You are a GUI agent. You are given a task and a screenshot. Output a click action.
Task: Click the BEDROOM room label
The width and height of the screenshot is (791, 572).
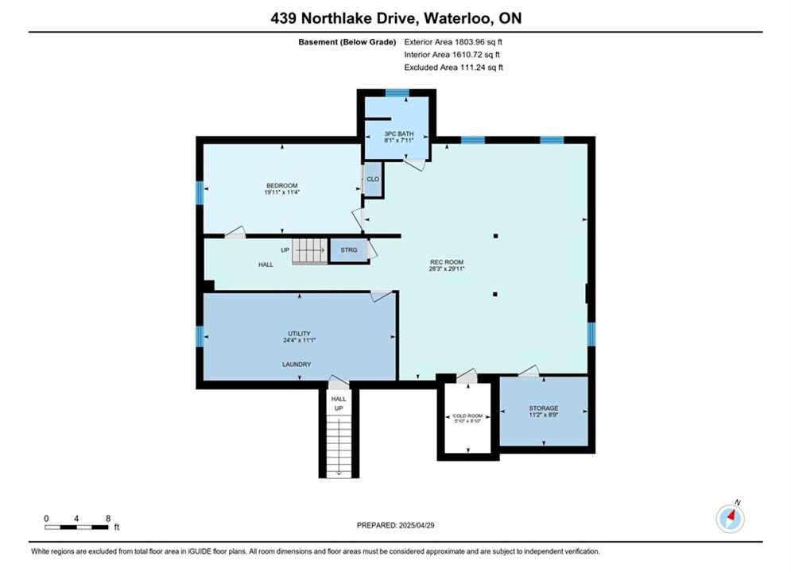tap(282, 185)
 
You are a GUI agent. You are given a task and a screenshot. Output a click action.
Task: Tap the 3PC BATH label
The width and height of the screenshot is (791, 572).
tap(399, 133)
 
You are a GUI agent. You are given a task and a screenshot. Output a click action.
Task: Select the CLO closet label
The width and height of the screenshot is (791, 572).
tap(373, 180)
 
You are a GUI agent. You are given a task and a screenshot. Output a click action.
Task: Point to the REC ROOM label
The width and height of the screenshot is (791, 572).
tap(447, 262)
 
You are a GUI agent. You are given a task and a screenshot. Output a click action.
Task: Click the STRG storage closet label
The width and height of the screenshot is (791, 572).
tap(348, 250)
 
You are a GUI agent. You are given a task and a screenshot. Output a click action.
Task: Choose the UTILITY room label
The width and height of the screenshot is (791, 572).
tap(299, 334)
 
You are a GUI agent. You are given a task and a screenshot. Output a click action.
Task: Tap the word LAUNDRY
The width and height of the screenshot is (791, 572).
tap(297, 365)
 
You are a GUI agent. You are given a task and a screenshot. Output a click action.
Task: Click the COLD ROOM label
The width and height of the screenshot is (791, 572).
tap(467, 415)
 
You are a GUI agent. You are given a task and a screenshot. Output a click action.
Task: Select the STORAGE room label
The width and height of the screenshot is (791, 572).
tap(543, 408)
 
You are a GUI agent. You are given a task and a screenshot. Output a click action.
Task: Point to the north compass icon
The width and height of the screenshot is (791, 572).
tap(730, 518)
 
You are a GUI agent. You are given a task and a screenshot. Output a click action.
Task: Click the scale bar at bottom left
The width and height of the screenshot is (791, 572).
tap(76, 528)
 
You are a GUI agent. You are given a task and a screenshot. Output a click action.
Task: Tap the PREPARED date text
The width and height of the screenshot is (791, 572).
tap(396, 525)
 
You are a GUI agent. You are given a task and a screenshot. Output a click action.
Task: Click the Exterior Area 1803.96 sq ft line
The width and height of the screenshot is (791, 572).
tap(453, 42)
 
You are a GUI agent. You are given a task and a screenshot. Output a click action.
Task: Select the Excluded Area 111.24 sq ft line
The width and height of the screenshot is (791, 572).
tap(453, 67)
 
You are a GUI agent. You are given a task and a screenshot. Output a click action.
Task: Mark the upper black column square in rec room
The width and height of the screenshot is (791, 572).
tap(496, 236)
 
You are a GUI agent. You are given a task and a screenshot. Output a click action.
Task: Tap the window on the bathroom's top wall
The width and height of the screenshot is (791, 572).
tap(397, 93)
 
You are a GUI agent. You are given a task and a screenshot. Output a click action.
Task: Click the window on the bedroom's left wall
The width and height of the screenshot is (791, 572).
tap(200, 193)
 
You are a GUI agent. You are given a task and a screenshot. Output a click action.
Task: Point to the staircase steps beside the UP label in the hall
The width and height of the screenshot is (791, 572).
tap(310, 250)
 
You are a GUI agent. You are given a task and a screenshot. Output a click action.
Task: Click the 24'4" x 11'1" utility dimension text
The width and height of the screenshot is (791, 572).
tap(299, 341)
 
